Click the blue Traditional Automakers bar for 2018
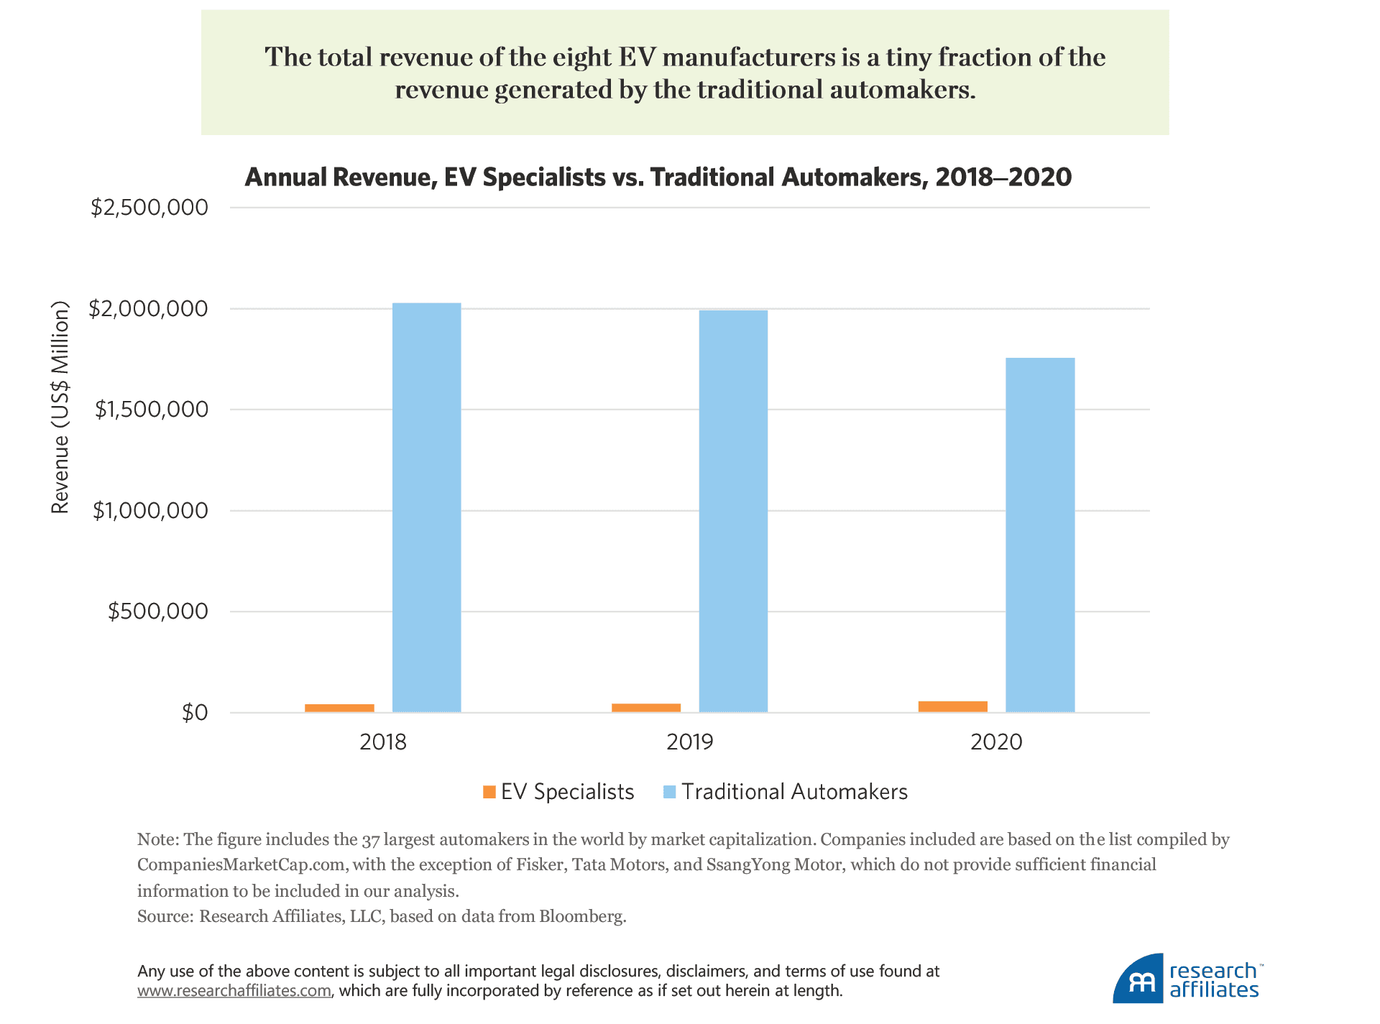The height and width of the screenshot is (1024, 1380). tap(427, 507)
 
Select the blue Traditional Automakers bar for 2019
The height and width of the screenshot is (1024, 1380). tap(733, 511)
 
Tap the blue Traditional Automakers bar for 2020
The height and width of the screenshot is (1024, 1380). tap(1040, 535)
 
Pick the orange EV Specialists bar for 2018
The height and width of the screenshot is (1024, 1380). tap(339, 708)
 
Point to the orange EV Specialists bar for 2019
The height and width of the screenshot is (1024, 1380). tap(646, 708)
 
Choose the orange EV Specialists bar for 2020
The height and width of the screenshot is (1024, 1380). tap(953, 706)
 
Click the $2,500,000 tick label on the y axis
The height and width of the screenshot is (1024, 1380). tap(149, 208)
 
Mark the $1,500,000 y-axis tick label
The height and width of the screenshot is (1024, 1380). tap(152, 410)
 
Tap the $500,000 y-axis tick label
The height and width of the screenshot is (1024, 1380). tap(158, 612)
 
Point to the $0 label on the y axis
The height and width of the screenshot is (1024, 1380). tap(195, 713)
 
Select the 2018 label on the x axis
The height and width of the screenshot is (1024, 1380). tap(383, 742)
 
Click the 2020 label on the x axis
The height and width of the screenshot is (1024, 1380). tap(996, 742)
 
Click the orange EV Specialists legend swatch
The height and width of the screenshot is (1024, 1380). tap(489, 792)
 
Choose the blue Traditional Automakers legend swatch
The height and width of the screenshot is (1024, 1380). tap(669, 792)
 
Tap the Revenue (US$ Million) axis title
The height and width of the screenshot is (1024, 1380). tap(60, 407)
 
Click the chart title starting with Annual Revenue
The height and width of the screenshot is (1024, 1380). tap(658, 177)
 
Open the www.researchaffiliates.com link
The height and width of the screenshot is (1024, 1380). tap(234, 991)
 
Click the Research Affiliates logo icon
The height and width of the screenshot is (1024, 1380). tap(1138, 979)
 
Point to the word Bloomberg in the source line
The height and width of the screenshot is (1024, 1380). tap(581, 916)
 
